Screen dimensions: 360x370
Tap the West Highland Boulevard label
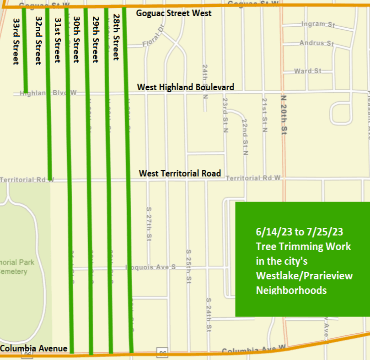pos(187,87)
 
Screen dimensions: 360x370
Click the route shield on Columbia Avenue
pos(161,353)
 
